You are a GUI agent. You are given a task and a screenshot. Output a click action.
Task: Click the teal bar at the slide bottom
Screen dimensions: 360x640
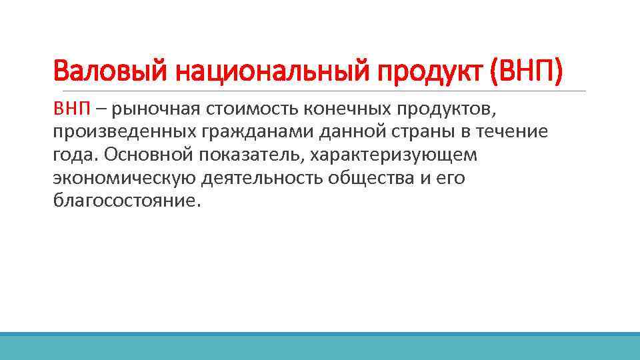[320, 346]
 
